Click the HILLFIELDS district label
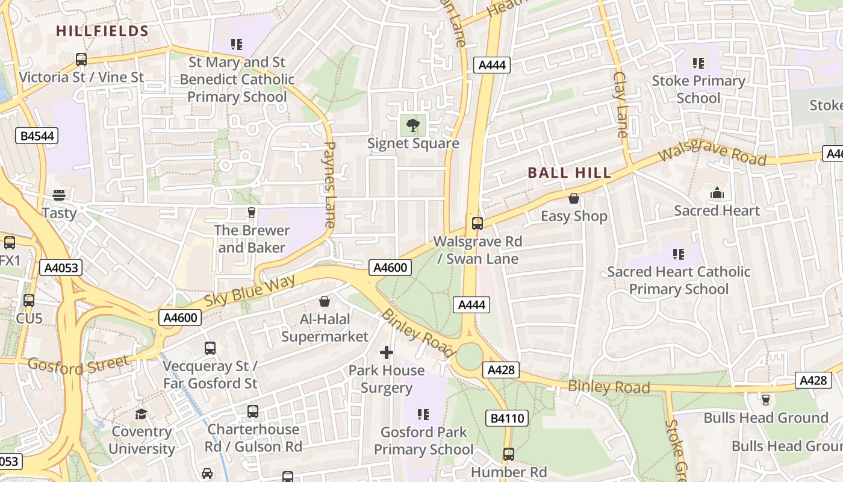point(102,31)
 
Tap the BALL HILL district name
point(570,174)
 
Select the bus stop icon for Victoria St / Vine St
point(81,60)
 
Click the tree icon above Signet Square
point(413,126)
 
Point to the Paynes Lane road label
point(329,184)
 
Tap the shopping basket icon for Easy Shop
point(574,198)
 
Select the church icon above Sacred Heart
point(717,193)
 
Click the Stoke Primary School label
point(698,89)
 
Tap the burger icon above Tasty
point(59,195)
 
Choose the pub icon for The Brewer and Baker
point(252,213)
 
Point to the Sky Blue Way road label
point(250,291)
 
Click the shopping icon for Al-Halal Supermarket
point(325,301)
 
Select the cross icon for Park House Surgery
point(387,352)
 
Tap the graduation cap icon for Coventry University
point(142,414)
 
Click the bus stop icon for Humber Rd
point(509,454)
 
